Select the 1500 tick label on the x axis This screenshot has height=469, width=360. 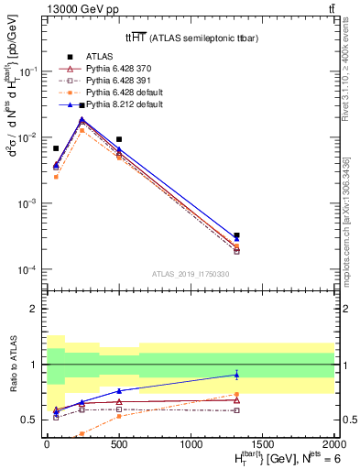coord(263,444)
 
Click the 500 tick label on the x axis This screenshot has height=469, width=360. coord(119,444)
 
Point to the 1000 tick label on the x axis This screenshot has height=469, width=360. coord(191,444)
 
